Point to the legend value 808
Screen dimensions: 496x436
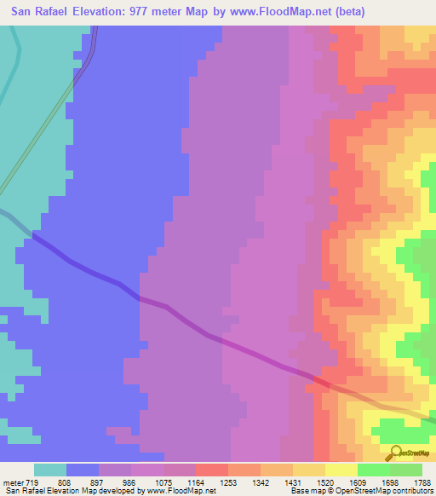[x=66, y=482]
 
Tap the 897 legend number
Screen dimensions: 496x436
[x=98, y=482]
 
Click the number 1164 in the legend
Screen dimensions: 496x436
[x=195, y=482]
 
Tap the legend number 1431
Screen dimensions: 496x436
[x=292, y=482]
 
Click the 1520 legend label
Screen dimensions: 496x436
[x=324, y=482]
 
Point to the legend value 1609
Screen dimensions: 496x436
[x=357, y=482]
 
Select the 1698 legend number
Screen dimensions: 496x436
[x=389, y=482]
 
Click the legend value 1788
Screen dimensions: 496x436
[x=421, y=482]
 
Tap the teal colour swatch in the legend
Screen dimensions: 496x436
[x=49, y=470]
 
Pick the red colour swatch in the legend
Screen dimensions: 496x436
[x=211, y=470]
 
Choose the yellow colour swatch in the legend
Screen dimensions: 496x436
[x=341, y=470]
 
